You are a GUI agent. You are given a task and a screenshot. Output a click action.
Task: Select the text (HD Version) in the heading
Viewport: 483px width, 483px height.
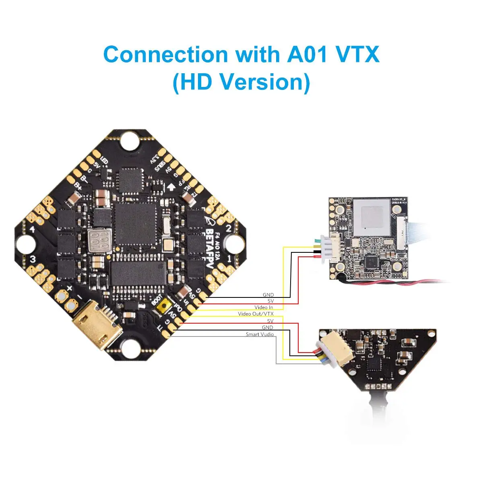[241, 82]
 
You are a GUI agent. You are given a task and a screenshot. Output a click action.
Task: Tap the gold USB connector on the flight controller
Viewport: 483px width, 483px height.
[96, 325]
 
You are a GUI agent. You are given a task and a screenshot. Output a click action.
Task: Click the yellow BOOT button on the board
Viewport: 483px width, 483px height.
[163, 309]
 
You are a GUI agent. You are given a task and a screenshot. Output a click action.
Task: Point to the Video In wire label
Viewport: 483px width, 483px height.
[264, 308]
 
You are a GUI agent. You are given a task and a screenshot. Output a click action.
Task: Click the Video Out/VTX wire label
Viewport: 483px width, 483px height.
[256, 314]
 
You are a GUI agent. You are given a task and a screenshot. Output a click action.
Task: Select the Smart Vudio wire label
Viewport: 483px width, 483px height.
[260, 334]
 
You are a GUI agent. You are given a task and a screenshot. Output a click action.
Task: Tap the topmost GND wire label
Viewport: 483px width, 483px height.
[268, 295]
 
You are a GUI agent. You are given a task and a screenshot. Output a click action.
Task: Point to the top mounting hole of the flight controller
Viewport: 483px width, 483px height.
[130, 140]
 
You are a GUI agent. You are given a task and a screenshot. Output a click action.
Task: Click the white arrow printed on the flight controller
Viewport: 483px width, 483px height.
[171, 186]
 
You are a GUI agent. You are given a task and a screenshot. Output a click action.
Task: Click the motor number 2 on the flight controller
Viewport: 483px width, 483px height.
[228, 229]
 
